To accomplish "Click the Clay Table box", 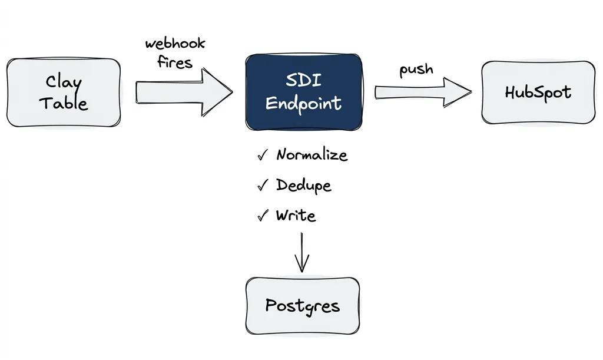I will point(64,93).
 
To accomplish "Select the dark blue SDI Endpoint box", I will point(303,92).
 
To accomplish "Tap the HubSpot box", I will point(538,93).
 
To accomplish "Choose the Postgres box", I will point(302,306).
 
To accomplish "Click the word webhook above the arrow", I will point(175,44).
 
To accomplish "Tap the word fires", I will point(175,62).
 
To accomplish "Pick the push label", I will point(416,70).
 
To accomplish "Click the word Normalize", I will point(312,155).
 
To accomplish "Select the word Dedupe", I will point(304,186).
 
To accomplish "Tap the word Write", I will point(296,216).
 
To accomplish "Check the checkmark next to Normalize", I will point(263,156).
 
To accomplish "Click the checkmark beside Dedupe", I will point(263,186).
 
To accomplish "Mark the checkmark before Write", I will point(263,216).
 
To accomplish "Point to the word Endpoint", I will point(303,104).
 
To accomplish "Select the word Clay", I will point(64,81).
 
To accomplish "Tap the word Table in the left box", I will point(64,104).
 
